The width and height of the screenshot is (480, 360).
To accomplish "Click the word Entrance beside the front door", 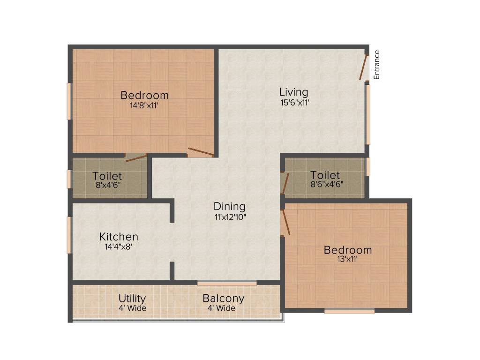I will [x=376, y=65].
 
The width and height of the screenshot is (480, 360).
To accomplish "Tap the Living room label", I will [x=294, y=92].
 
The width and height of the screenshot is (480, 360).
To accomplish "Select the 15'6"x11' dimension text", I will [x=294, y=102].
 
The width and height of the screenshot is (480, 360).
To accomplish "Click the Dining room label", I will [x=230, y=206].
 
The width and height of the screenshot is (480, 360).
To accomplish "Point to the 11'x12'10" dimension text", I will [x=230, y=217].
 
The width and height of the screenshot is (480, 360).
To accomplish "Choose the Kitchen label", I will [x=119, y=237].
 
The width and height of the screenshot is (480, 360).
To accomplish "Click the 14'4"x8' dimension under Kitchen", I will [x=121, y=247].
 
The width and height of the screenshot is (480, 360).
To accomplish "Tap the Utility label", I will [x=132, y=299].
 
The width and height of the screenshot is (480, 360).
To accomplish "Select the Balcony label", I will [x=223, y=299].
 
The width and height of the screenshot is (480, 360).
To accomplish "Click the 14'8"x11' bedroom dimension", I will [x=144, y=105].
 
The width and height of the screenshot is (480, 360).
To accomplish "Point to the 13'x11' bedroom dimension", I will [x=347, y=260].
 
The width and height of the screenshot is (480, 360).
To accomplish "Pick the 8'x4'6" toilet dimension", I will [x=107, y=185].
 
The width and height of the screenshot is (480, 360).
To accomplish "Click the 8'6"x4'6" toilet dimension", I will [x=327, y=184].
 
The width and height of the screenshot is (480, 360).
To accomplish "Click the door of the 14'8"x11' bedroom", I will [x=200, y=152].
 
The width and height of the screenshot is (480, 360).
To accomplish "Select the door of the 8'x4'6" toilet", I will [x=136, y=157].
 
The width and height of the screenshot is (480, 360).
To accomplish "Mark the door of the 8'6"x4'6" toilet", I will [x=285, y=183].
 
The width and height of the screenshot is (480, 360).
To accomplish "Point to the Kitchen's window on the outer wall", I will [x=69, y=234].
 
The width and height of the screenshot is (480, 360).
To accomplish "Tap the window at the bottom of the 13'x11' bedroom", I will [x=349, y=311].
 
